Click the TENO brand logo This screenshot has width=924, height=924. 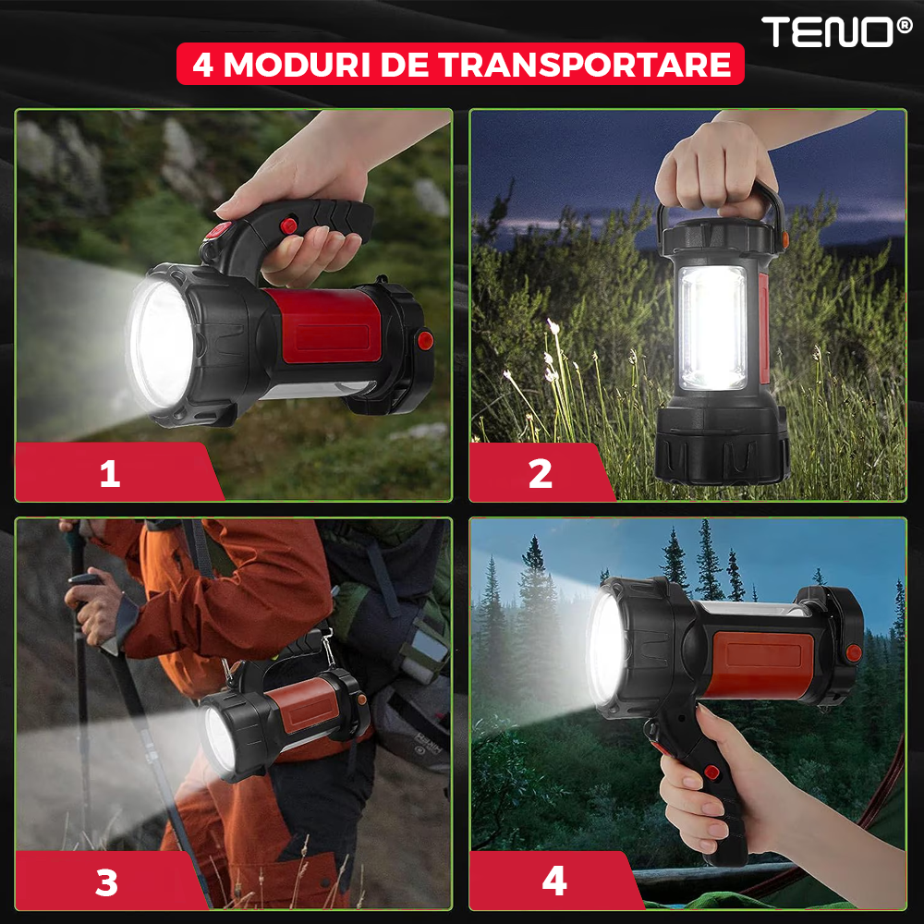coord(836,31)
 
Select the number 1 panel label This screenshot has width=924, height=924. coord(110,473)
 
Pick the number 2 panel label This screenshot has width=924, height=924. coord(541,473)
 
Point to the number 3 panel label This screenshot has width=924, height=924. coord(106,882)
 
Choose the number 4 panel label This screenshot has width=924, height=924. coord(554,881)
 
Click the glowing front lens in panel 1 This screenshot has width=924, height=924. coord(160,345)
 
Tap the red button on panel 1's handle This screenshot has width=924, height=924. coord(288,225)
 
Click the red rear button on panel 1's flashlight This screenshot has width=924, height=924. coord(424,340)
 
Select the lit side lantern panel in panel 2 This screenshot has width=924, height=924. coord(712,328)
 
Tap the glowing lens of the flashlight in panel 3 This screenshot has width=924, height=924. coord(220,740)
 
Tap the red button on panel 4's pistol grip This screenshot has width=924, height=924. coord(711,772)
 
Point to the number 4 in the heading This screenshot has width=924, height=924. coord(202,65)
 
